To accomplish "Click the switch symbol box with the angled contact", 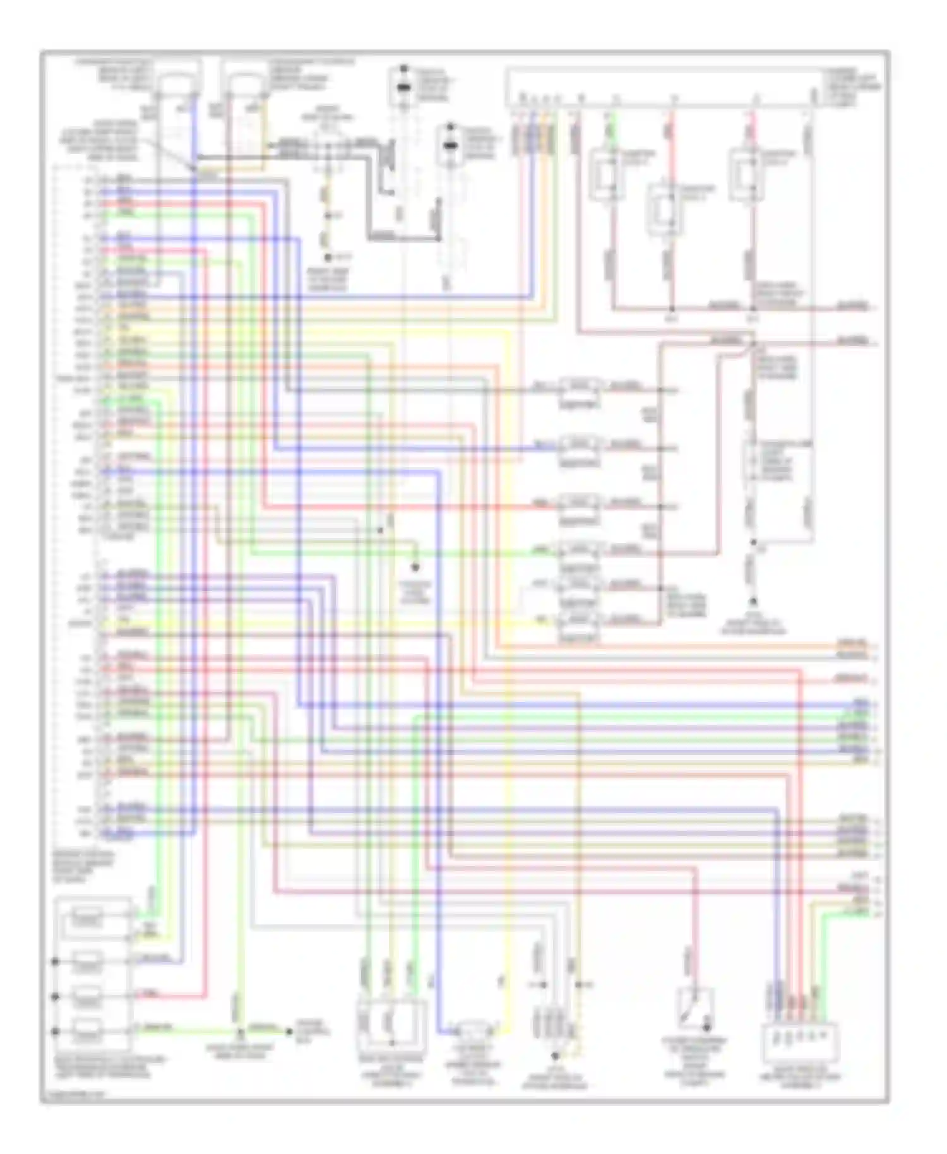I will click(x=695, y=1008).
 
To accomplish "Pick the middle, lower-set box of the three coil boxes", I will click(x=664, y=208).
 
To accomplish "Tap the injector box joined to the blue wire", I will click(x=579, y=446).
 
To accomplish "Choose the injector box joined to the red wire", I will click(x=579, y=504).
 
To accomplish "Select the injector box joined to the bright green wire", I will click(x=579, y=550).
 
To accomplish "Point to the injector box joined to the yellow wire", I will click(x=579, y=620).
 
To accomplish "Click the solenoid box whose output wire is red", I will click(x=86, y=997).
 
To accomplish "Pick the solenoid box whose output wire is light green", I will click(x=86, y=1032).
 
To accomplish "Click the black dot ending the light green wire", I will click(x=289, y=1032).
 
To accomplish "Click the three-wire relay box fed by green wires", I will click(x=390, y=1026).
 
